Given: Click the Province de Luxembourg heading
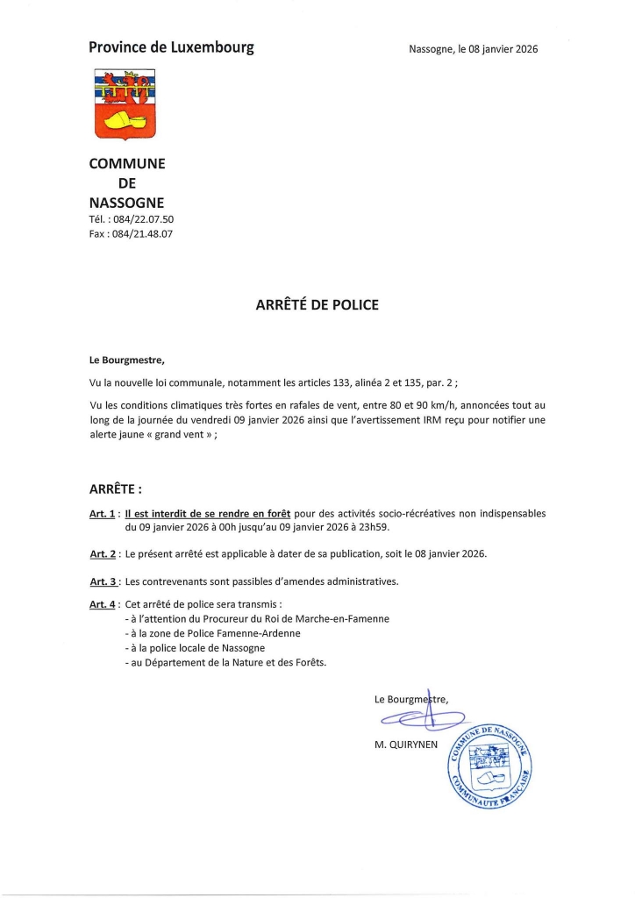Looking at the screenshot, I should [172, 47].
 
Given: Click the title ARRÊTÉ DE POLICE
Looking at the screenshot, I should [317, 305].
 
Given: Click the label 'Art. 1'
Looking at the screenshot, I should [103, 515].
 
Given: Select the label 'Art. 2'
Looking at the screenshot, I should [103, 554].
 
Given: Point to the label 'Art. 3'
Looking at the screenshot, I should [103, 581].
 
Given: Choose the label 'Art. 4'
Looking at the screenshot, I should [103, 605].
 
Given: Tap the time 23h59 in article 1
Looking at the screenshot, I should [369, 529].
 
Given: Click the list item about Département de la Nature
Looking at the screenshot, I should [225, 663].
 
